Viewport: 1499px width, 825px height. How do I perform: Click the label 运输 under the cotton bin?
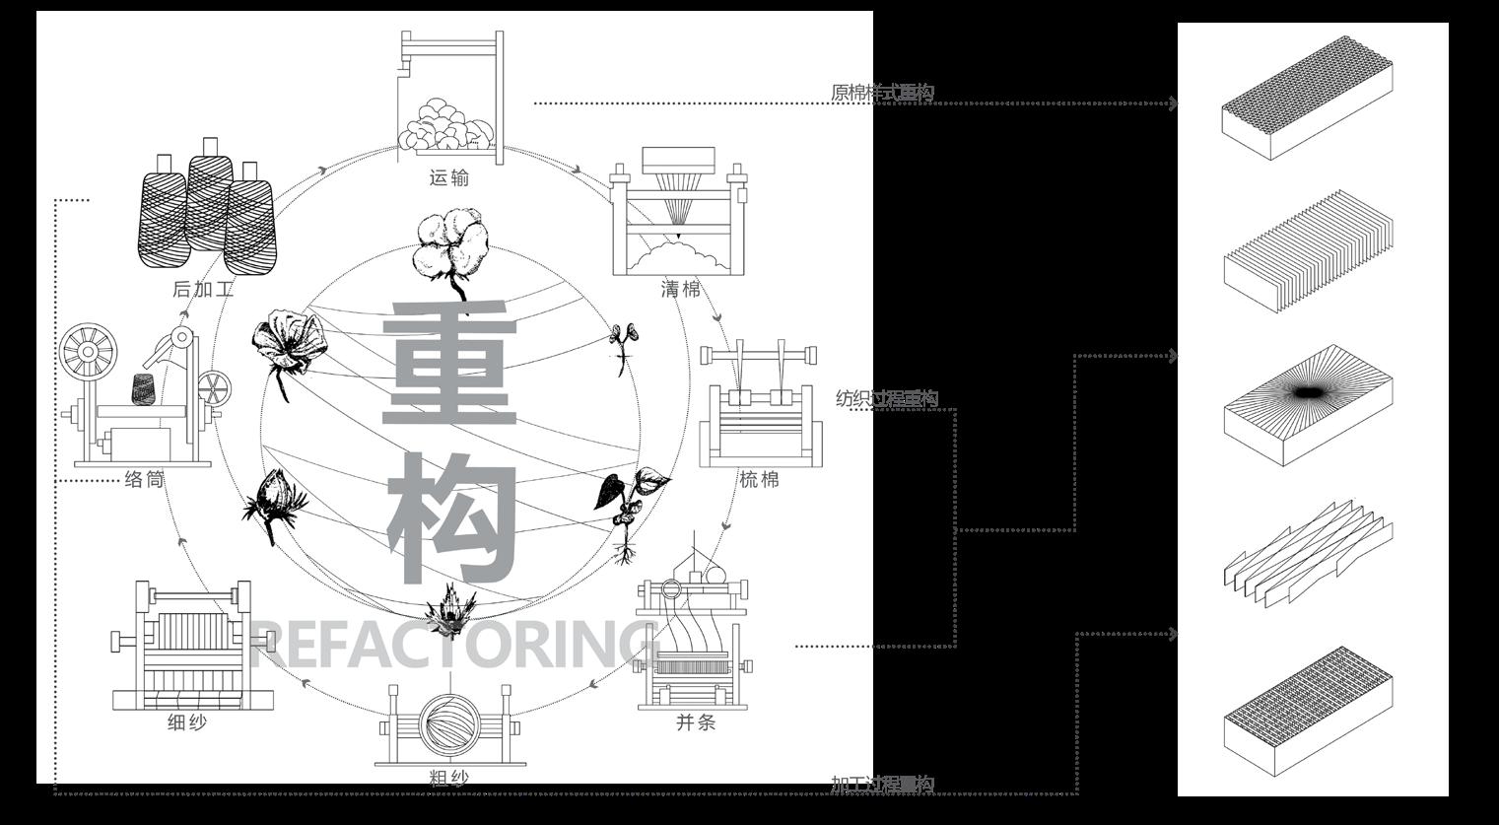pos(449,178)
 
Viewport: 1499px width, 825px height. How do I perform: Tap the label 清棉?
pos(681,290)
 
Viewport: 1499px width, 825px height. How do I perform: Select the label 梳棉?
pos(760,480)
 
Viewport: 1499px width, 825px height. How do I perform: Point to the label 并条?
pos(696,722)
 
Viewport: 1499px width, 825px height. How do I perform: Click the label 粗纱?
pos(449,777)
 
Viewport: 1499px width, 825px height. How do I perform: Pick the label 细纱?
pos(187,722)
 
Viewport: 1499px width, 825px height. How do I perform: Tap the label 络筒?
pos(144,480)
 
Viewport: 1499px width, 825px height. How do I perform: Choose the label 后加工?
pos(203,290)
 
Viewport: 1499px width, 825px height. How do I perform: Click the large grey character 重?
pos(450,364)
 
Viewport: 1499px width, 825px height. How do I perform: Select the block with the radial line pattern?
pos(1309,404)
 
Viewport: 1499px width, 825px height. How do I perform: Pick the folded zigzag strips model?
pos(1307,552)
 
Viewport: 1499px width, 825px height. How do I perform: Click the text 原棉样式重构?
pos(882,94)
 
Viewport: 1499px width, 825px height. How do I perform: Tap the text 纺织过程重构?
pos(887,399)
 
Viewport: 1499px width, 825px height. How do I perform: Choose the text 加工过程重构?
pos(882,785)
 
